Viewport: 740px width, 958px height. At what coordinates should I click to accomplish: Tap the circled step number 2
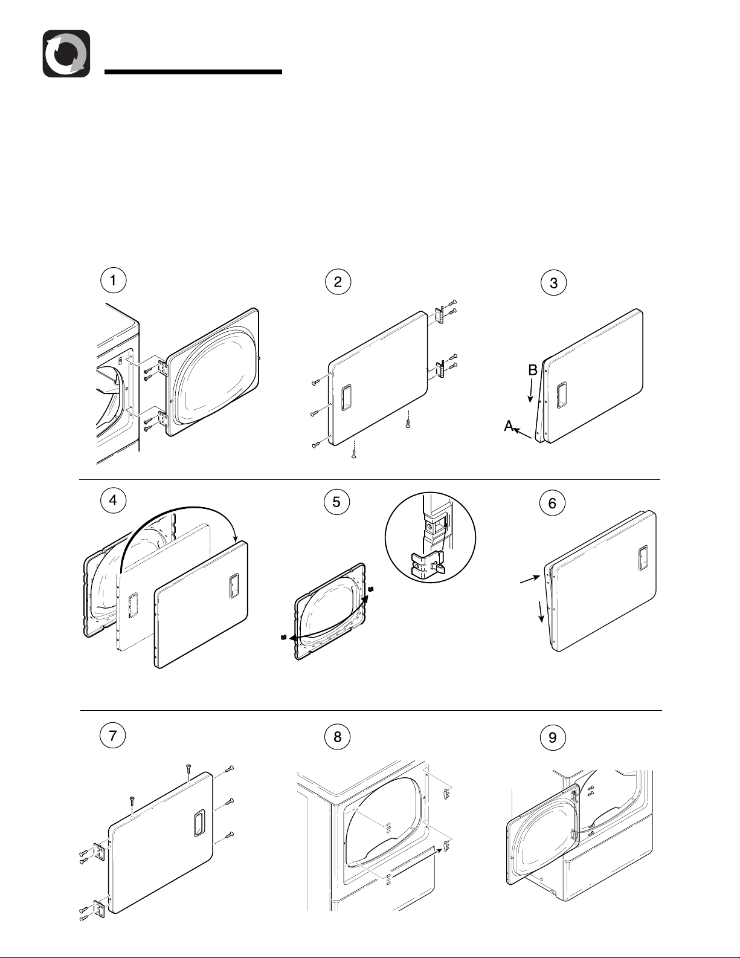click(x=338, y=281)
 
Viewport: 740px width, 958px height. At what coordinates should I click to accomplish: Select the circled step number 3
click(x=553, y=282)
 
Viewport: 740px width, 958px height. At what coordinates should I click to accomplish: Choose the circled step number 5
click(x=336, y=501)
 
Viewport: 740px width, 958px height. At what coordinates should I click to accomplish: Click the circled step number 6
click(x=552, y=502)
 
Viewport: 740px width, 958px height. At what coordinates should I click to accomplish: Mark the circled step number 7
click(x=113, y=735)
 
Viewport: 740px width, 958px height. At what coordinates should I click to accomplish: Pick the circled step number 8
click(x=337, y=736)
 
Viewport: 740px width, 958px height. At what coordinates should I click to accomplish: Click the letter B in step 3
click(x=533, y=371)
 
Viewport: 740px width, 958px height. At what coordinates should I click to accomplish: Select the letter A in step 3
click(x=509, y=427)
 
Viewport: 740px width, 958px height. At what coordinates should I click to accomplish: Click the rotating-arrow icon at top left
click(x=66, y=54)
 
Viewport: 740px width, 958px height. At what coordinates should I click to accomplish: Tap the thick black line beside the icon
click(x=193, y=72)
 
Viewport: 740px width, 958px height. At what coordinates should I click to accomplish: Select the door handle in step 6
click(x=643, y=558)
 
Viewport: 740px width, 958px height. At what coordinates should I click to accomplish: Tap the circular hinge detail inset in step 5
click(x=430, y=537)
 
